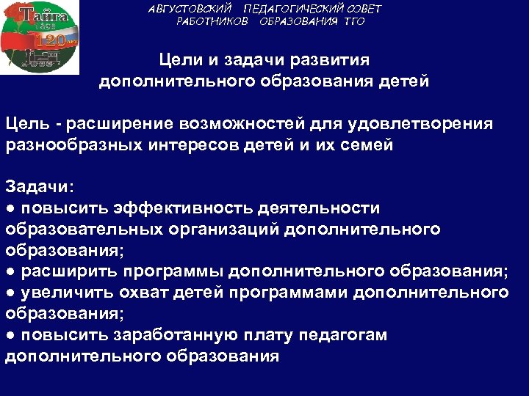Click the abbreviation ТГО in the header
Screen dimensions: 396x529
tap(351, 21)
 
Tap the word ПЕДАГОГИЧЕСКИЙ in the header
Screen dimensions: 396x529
tap(289, 9)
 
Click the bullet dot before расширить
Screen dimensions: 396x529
tap(10, 272)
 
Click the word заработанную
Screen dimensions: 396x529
tap(175, 335)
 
